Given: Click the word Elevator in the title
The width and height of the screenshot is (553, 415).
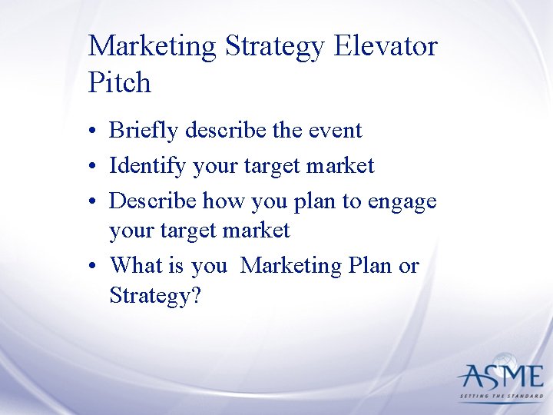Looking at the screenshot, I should (x=386, y=46).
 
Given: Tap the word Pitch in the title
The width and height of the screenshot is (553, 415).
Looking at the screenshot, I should (x=120, y=82).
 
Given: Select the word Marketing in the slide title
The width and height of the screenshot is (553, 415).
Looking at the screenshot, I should (x=153, y=46).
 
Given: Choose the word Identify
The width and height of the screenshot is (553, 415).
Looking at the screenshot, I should (x=148, y=165).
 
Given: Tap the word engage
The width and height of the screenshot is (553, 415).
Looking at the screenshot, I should (x=402, y=201).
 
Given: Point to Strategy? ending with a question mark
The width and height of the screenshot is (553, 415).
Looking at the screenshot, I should (x=155, y=294).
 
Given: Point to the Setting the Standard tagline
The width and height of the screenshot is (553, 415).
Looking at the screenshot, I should (x=501, y=397).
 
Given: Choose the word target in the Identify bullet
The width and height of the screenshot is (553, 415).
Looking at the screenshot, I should (x=276, y=166).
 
